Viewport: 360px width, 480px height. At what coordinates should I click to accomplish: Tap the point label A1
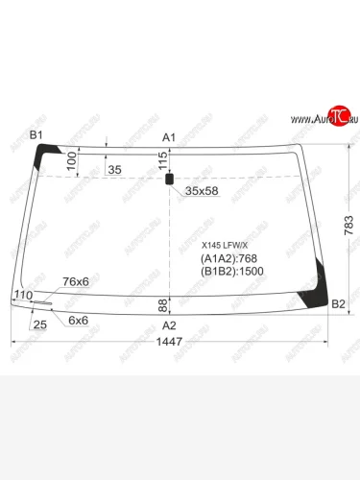tap(168, 138)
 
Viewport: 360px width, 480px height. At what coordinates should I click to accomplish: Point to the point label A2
tap(169, 324)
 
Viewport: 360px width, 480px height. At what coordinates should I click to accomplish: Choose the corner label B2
tap(338, 304)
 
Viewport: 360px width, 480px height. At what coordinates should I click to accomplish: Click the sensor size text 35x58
tap(202, 191)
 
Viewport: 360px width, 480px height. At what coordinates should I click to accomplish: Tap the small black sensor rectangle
tap(169, 179)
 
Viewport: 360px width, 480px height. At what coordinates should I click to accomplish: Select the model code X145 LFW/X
tap(218, 245)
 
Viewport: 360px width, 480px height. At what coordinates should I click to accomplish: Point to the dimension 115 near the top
tap(162, 160)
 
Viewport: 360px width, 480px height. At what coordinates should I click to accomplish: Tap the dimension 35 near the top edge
tap(114, 170)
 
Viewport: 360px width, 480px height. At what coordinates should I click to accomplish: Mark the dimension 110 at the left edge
tap(23, 295)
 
